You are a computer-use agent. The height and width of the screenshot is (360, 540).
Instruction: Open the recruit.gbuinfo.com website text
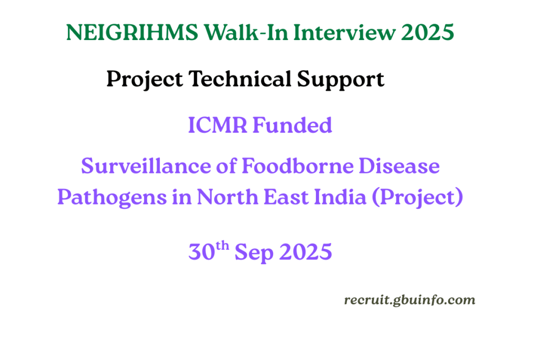[409, 300]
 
